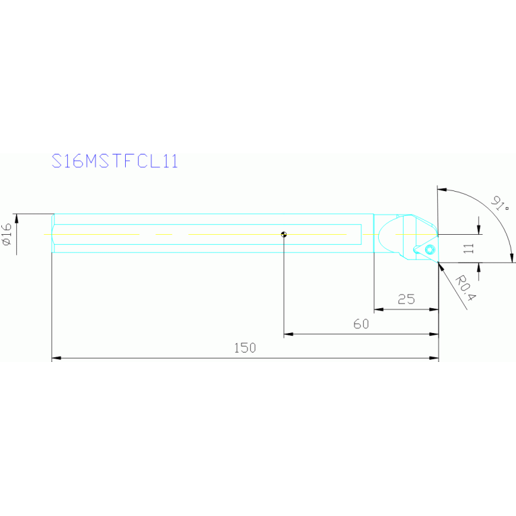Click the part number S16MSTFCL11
tap(115, 161)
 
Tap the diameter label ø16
tap(7, 234)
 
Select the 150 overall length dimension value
tap(245, 348)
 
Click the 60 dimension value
tap(361, 324)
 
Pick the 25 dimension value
tap(406, 299)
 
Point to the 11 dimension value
tap(468, 248)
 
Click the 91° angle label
tap(500, 204)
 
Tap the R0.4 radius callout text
tap(466, 289)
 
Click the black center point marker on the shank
tap(284, 235)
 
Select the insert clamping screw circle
tap(430, 249)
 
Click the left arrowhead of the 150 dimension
tap(57, 358)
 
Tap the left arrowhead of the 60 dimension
tap(289, 334)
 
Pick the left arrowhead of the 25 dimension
tap(379, 309)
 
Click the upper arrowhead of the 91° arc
tap(442, 190)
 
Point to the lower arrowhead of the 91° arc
tap(511, 258)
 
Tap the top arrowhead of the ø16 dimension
tap(16, 218)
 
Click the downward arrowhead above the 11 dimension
tap(478, 229)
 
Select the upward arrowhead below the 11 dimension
tap(478, 268)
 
